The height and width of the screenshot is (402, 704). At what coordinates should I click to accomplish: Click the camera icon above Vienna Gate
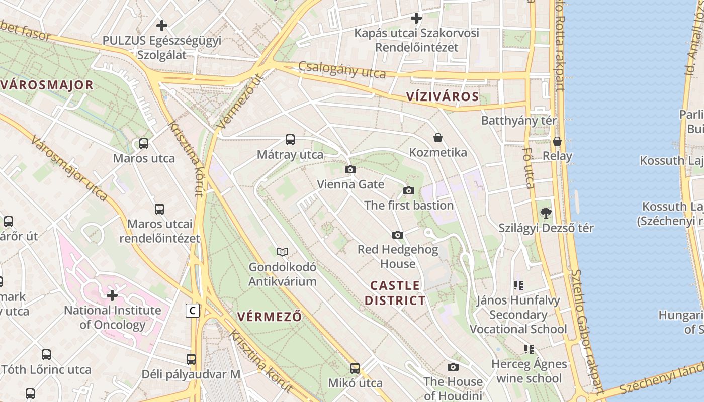pos(350,170)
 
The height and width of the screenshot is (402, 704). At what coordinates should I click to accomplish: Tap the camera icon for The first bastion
pos(409,191)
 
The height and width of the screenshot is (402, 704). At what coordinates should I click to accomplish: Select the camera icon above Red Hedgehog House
pos(398,235)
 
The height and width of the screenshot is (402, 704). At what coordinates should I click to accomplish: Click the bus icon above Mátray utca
pos(290,140)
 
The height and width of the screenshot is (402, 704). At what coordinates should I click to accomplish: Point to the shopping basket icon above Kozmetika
pos(438,138)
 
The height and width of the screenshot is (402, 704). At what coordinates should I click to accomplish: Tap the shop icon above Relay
pos(557,141)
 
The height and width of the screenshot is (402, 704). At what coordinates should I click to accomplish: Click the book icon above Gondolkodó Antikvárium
pos(283,252)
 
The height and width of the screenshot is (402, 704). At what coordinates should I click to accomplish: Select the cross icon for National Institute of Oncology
pos(112,295)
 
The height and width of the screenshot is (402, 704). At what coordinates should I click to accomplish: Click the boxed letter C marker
pos(192,311)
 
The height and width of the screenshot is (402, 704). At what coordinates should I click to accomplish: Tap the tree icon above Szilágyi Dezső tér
pos(546,213)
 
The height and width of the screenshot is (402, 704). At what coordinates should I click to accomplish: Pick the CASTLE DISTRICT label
pos(395,293)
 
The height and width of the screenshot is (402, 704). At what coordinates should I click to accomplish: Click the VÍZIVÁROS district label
pos(443,97)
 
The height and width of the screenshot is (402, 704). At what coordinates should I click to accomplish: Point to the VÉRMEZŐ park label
pos(270,317)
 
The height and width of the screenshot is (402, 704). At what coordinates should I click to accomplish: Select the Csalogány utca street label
pos(342,70)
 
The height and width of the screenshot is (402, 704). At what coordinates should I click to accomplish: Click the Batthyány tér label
pos(519,121)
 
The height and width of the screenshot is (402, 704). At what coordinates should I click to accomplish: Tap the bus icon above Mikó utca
pos(355,368)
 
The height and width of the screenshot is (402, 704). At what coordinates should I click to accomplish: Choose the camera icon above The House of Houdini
pos(453,367)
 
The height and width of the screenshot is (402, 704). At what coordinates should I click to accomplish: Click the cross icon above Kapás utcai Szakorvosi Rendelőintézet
pos(416,19)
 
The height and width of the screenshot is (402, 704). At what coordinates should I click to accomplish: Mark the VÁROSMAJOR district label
pos(47,84)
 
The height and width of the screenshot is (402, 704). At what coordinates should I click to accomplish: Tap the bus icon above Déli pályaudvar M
pos(191,359)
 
